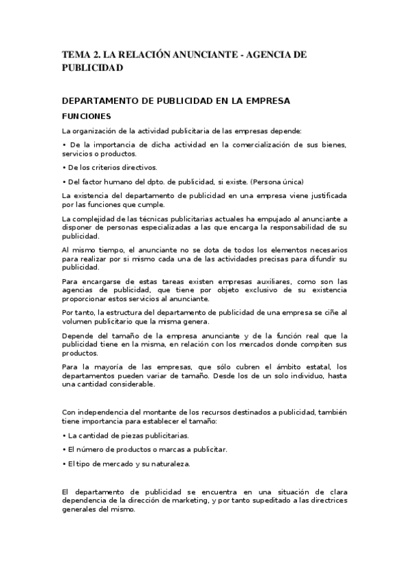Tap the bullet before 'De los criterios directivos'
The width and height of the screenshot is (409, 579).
pos(64,167)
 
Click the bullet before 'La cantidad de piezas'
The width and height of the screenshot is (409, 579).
pos(64,435)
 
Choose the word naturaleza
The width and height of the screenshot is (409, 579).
pos(169,464)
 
